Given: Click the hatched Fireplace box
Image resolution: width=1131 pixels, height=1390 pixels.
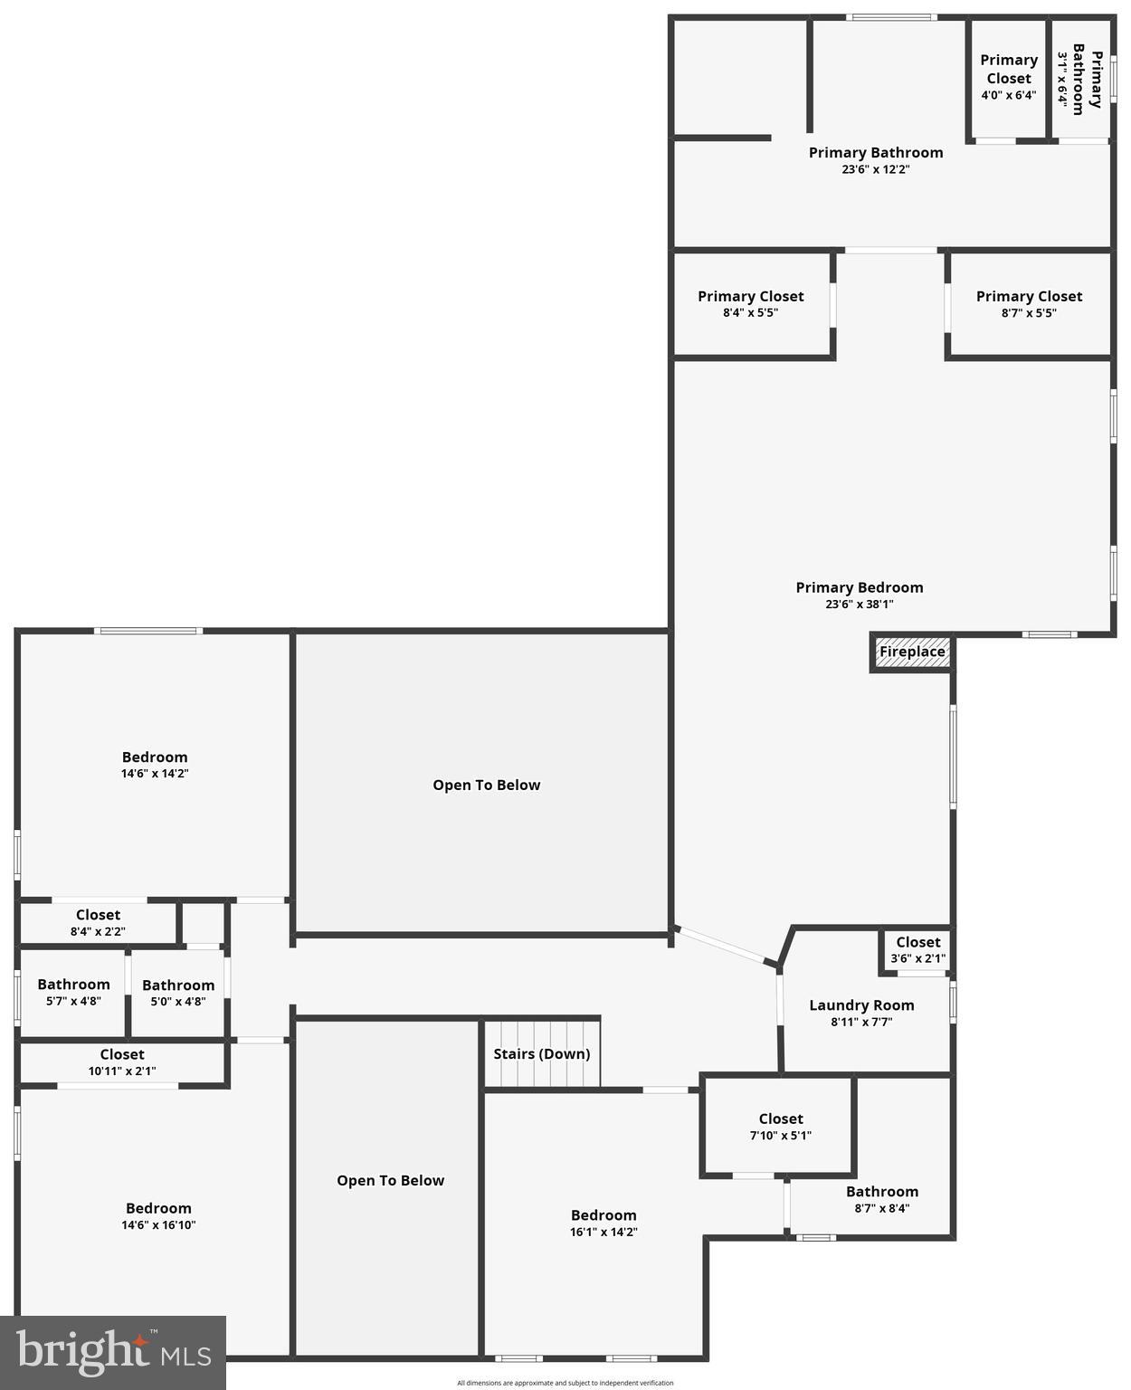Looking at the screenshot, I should click(912, 652).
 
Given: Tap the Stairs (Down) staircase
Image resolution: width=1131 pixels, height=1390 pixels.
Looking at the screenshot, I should click(542, 1054).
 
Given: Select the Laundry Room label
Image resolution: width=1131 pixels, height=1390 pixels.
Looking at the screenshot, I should click(861, 1005).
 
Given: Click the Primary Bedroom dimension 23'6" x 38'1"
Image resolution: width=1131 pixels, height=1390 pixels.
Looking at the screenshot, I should click(859, 605).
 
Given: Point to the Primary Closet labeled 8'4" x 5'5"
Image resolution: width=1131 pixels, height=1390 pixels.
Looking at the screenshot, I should click(750, 304).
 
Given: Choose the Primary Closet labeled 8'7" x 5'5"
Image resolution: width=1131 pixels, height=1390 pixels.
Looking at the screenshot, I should click(1029, 304).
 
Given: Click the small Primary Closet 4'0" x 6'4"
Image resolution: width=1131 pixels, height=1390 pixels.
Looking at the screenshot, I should click(1008, 77).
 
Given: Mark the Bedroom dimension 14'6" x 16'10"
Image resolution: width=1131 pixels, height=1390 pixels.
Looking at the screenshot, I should click(158, 1225).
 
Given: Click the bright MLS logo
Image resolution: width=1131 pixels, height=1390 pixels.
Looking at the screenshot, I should click(113, 1353).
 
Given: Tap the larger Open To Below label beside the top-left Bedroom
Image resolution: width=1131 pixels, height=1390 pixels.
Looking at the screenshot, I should click(486, 785).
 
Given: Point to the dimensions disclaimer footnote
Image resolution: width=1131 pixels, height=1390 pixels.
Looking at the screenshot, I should click(565, 1383).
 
